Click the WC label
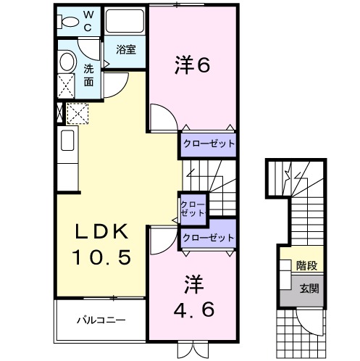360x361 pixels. coord(88,22)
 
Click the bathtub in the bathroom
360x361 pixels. coord(125,21)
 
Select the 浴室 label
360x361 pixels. coord(126,49)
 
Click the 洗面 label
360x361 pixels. coord(88,75)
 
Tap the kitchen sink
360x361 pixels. coord(67,141)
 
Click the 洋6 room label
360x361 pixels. coord(192,65)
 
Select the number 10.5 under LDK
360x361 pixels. coord(101,257)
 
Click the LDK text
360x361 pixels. coord(101,231)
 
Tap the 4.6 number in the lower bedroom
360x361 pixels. coord(193,310)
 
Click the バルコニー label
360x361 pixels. coord(101,320)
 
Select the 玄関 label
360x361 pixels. coord(309,289)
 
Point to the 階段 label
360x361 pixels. coord(306,265)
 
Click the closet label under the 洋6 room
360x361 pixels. coord(209,144)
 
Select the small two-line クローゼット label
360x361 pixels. coord(193,209)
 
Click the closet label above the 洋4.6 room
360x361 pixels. coord(209,238)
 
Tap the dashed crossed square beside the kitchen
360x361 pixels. coord(77,114)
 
